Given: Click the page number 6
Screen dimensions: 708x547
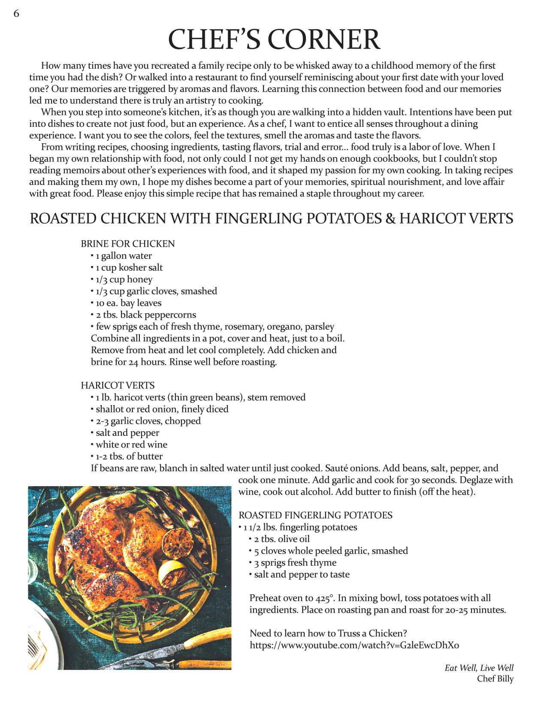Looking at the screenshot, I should tap(16, 14).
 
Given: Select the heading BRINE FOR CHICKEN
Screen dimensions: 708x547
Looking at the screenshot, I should tap(128, 244).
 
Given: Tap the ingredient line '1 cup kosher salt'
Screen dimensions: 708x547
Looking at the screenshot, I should tap(129, 267).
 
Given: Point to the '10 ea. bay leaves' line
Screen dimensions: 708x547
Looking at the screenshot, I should tap(128, 303).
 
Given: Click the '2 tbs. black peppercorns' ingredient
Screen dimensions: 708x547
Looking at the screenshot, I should tap(145, 315).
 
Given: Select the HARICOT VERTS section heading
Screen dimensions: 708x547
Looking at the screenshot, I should tap(118, 385).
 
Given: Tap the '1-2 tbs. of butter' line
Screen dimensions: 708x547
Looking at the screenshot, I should tap(129, 456).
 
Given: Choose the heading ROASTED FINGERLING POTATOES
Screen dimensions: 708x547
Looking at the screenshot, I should tap(315, 515).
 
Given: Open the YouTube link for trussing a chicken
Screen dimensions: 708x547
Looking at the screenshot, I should tap(354, 645).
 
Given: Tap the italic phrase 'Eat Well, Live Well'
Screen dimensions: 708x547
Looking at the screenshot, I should tap(479, 668).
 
